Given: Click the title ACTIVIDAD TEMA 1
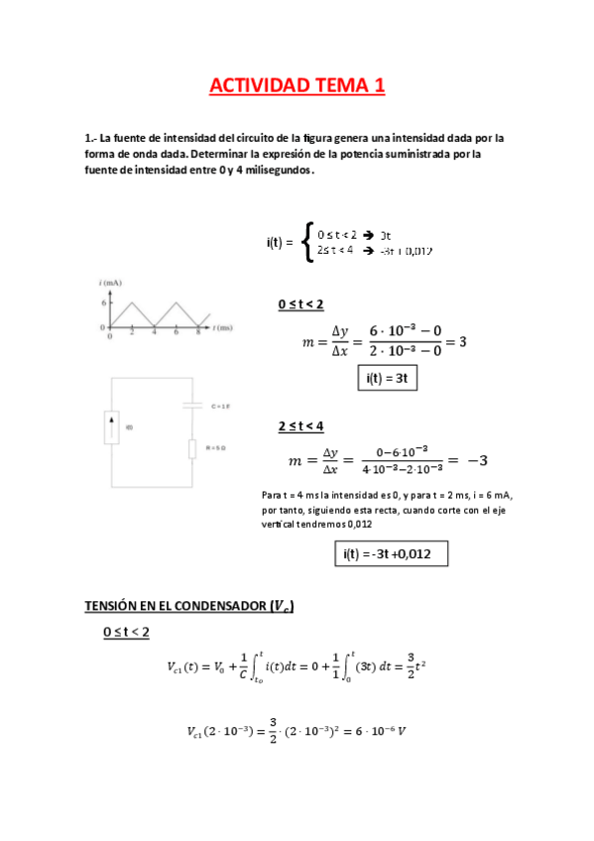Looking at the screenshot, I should [297, 87].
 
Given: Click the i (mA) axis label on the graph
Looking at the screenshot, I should [110, 284].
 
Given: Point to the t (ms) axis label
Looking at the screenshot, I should [224, 326].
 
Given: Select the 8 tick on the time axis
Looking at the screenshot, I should [198, 334].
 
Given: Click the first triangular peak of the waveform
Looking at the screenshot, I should [132, 304].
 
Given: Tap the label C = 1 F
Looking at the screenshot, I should [220, 406].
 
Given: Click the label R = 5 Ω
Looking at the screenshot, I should [217, 448].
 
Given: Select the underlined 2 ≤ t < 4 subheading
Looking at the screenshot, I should [300, 425].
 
